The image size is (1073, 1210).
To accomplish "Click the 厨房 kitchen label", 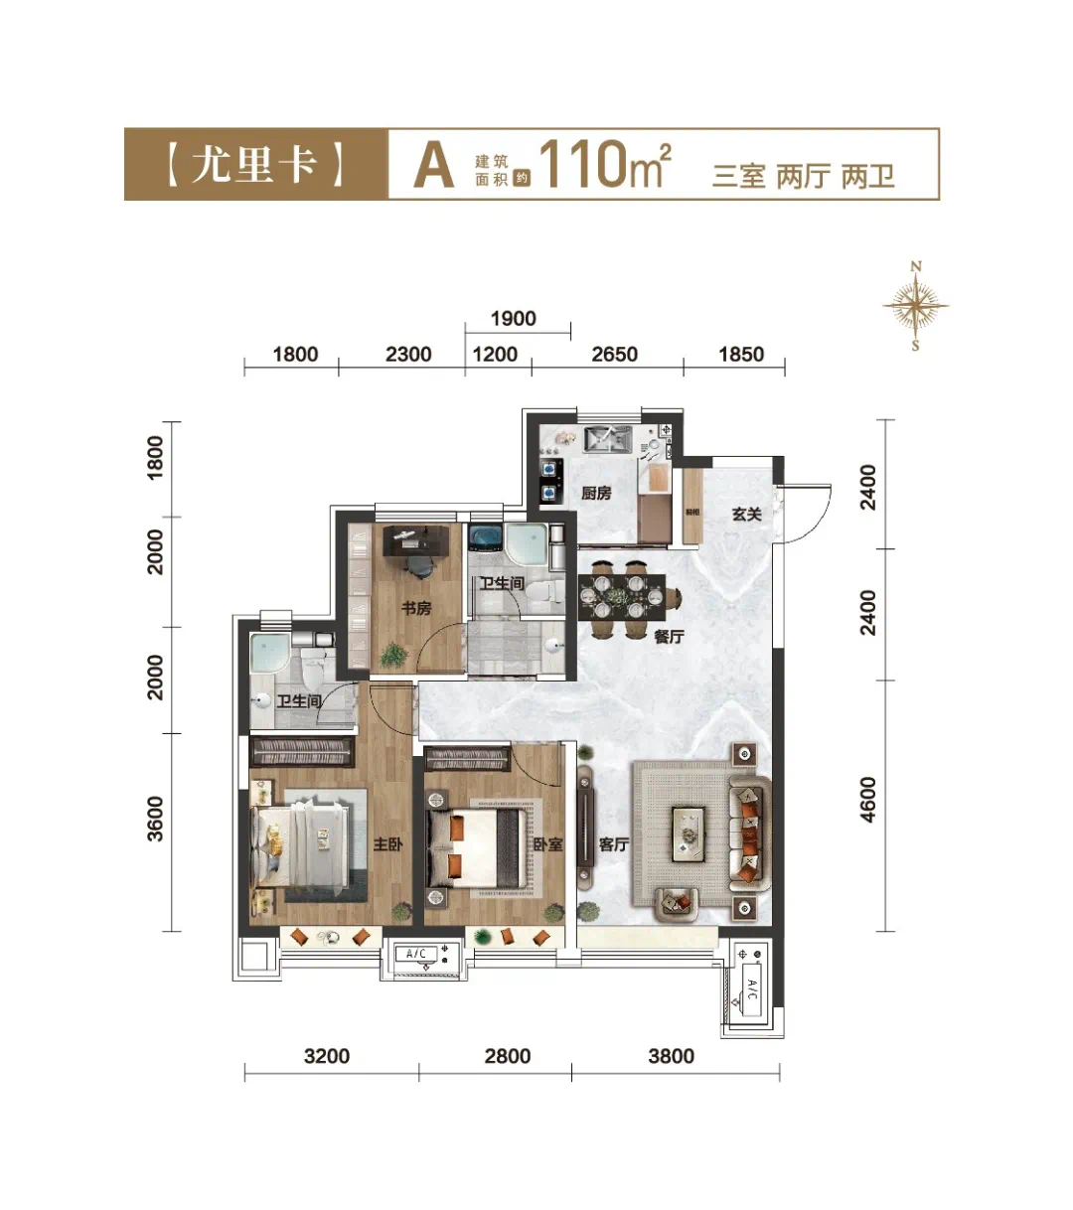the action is tap(596, 494).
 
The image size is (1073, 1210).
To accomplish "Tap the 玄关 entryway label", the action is tap(747, 514).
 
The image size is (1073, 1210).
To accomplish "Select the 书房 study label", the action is tap(416, 608).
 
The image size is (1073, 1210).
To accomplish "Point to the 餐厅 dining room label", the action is tap(669, 637).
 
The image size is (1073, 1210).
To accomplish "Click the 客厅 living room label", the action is tap(614, 844).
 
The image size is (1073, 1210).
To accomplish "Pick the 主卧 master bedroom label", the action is tap(387, 844).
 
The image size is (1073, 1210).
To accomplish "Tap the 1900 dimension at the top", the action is tap(514, 318).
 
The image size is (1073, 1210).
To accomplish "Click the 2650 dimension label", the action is tap(614, 355).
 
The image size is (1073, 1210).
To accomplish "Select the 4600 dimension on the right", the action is tap(867, 800).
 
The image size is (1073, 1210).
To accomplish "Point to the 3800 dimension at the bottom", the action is tap(671, 1056).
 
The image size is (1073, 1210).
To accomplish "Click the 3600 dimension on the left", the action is tap(155, 819).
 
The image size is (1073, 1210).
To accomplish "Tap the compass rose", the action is tap(915, 306).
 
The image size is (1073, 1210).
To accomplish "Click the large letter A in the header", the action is tap(434, 166).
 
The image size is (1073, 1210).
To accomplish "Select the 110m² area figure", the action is tap(605, 164).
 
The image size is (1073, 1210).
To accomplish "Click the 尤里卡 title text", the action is tap(254, 163).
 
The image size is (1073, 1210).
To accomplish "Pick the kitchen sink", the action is tap(608, 438).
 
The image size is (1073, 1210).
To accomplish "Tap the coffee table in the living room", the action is tap(689, 833).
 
